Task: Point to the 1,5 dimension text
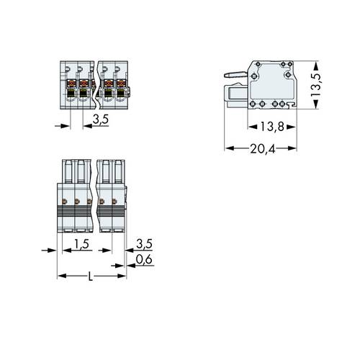(81, 246)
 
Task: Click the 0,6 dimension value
(143, 260)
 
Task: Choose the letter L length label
(89, 276)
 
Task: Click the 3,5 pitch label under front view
(100, 120)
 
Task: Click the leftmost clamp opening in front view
(71, 91)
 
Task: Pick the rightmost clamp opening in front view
(120, 91)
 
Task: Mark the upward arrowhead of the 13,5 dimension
(315, 64)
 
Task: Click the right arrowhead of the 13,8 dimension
(294, 127)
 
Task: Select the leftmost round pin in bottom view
(64, 201)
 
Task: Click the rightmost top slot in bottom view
(118, 171)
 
